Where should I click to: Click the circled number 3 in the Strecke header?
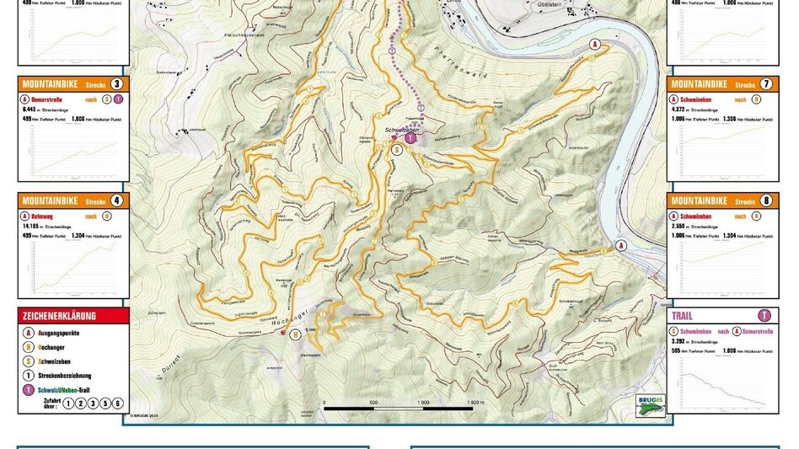116,84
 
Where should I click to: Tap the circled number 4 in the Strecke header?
116,201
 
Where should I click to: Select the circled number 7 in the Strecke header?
764,84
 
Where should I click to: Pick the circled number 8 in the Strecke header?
764,201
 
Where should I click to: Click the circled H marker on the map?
296,334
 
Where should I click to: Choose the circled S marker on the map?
396,149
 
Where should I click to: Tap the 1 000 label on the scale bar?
423,403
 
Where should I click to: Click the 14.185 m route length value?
35,226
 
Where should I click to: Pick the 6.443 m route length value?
33,109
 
